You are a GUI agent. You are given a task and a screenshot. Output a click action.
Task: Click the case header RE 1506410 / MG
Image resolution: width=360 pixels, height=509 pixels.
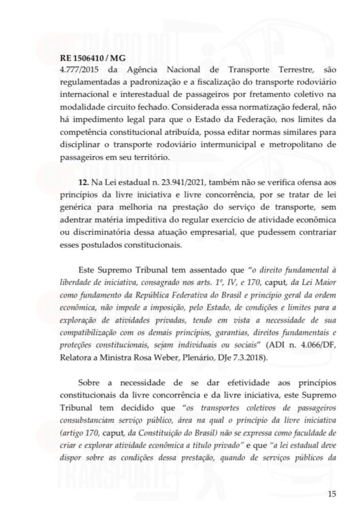point(89,58)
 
